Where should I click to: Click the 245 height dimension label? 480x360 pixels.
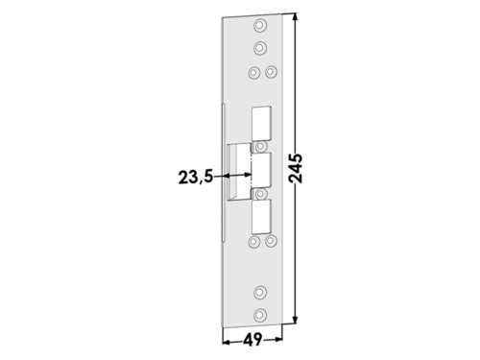pos(296,168)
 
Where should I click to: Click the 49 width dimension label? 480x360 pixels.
pos(252,340)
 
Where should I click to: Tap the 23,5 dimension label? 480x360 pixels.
pos(196,177)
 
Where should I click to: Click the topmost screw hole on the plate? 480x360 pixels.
pos(260,25)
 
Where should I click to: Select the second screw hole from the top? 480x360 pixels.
pos(260,48)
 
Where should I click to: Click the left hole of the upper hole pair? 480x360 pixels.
pos(253,73)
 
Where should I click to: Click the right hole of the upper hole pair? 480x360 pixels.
pos(272,71)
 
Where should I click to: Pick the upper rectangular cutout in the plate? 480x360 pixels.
pos(262,124)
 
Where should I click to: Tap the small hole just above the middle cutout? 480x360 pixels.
pos(261,146)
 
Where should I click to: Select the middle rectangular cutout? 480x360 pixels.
pos(261,170)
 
